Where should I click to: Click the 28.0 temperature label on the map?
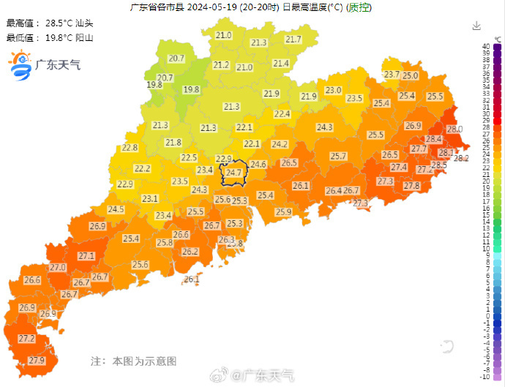point(454,129)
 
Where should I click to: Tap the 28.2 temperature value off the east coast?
point(461,158)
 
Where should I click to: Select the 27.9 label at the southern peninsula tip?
point(37,361)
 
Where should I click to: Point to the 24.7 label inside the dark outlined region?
point(233,173)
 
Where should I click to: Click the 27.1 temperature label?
point(86,256)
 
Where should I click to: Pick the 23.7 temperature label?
point(392,75)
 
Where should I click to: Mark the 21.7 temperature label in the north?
point(293,40)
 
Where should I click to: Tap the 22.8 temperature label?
point(130,148)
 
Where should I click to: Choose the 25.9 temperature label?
point(283,212)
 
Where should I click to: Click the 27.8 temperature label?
point(412,187)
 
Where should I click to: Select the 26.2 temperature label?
point(190,252)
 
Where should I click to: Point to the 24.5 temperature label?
point(116,209)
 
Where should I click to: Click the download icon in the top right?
point(476,26)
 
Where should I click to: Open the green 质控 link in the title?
point(358,8)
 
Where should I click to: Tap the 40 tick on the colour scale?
point(485,47)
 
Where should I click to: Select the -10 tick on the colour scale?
point(484,376)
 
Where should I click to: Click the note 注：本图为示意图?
point(133,361)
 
